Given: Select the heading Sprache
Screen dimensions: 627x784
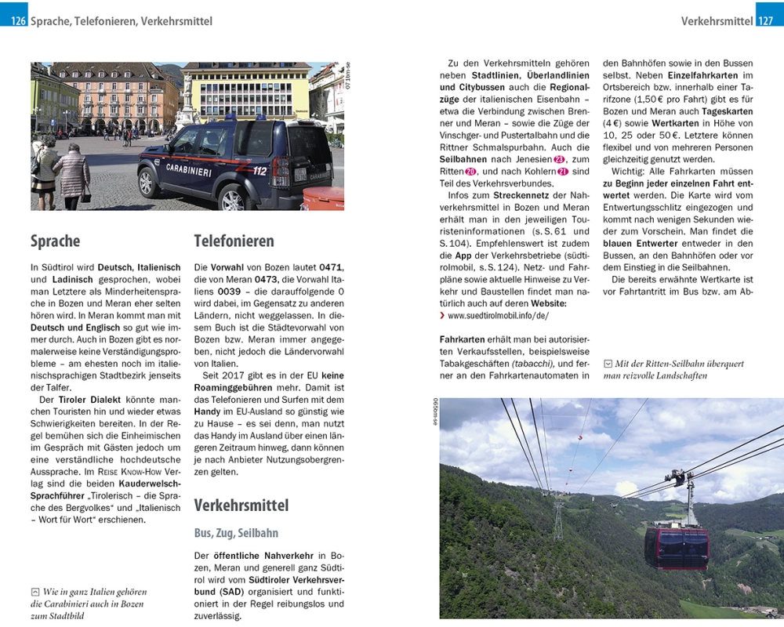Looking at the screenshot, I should [x=55, y=241].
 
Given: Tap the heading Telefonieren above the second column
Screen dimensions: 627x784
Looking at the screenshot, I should [x=234, y=241].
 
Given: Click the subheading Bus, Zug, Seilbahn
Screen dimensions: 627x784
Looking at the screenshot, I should [x=236, y=533].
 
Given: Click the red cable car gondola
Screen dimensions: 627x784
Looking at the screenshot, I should [x=676, y=547].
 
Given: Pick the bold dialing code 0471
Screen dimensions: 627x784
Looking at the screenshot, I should [x=332, y=267].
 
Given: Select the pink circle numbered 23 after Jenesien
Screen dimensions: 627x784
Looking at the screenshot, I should [x=560, y=159].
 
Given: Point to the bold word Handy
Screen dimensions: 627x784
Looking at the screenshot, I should [x=207, y=411].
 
